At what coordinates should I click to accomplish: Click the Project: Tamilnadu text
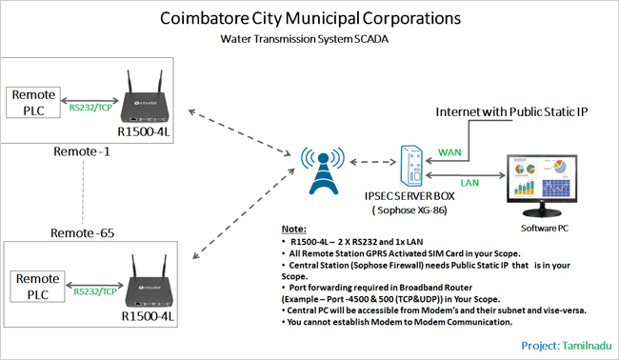point(563,344)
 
